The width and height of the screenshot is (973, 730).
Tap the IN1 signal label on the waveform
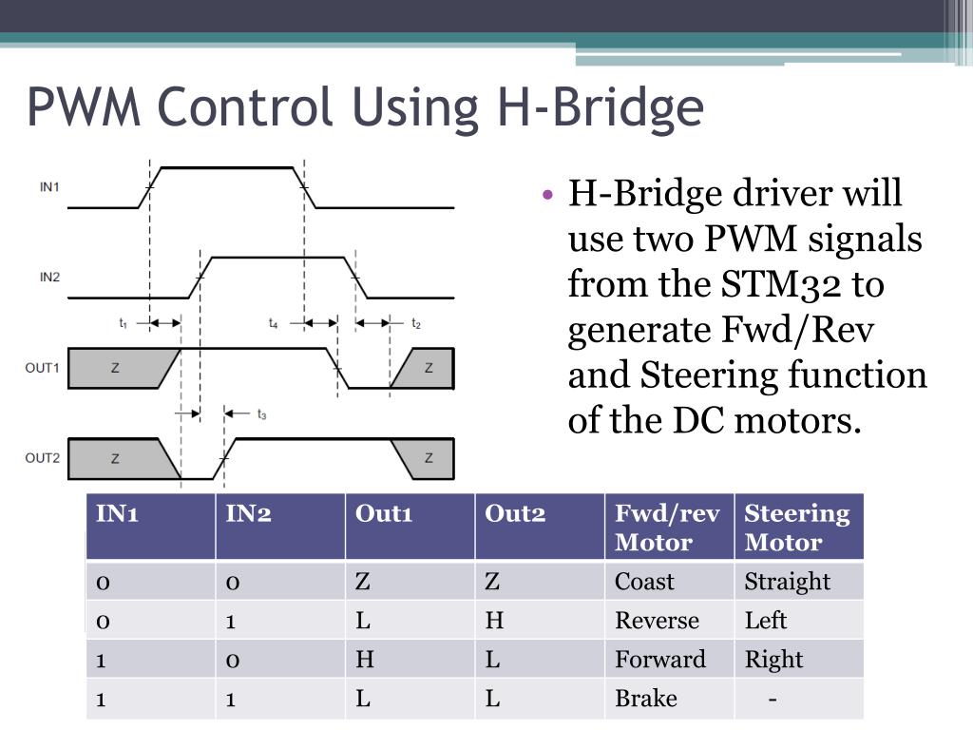(49, 186)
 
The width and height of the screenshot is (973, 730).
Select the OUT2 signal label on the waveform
(43, 458)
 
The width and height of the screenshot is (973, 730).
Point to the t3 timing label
(261, 414)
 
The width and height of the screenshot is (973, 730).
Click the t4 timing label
(273, 324)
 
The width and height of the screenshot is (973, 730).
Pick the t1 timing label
(123, 324)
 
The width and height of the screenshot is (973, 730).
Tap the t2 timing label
(416, 324)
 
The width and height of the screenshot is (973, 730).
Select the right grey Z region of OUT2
(429, 458)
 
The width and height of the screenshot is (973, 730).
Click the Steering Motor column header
(796, 528)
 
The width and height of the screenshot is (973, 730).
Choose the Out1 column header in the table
(384, 513)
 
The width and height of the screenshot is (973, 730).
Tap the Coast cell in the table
(644, 582)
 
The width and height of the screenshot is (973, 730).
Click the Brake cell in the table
(646, 699)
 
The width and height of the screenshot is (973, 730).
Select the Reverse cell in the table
(657, 621)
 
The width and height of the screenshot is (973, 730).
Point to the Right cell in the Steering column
(773, 660)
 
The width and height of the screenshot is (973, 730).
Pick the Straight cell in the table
(787, 582)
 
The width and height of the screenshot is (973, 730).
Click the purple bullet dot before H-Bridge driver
(547, 195)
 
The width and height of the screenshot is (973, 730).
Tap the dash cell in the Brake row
(773, 699)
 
